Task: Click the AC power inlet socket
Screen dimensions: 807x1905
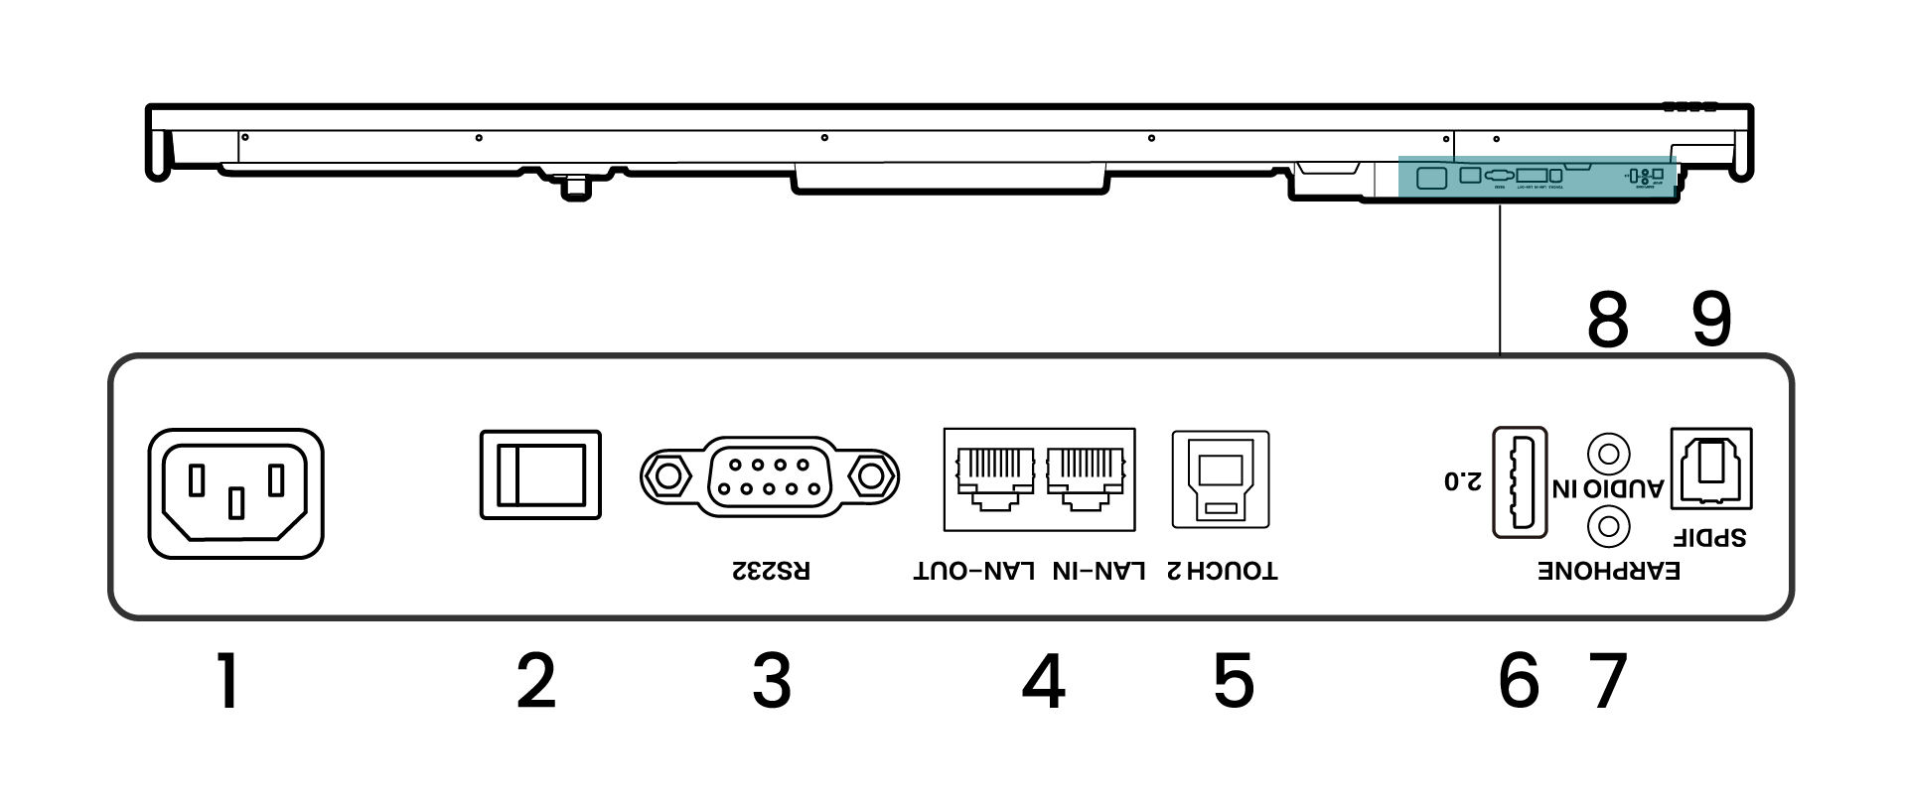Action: pyautogui.click(x=236, y=493)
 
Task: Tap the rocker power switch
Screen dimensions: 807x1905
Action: pyautogui.click(x=540, y=474)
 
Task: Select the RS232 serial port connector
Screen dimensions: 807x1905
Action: pyautogui.click(x=770, y=476)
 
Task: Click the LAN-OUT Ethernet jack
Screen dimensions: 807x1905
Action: pyautogui.click(x=990, y=476)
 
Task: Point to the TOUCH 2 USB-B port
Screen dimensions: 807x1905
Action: pyautogui.click(x=1221, y=479)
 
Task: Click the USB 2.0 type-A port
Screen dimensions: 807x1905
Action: pyautogui.click(x=1520, y=481)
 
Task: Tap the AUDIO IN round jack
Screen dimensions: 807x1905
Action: pyautogui.click(x=1609, y=454)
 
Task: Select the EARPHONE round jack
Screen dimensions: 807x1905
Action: pyautogui.click(x=1609, y=524)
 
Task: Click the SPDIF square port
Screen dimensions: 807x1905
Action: pyautogui.click(x=1711, y=468)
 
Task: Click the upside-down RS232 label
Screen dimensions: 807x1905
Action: pyautogui.click(x=771, y=572)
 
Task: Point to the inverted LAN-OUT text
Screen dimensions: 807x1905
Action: pyautogui.click(x=974, y=572)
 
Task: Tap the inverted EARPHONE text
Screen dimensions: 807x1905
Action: pyautogui.click(x=1609, y=572)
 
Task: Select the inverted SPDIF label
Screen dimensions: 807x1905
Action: pyautogui.click(x=1709, y=537)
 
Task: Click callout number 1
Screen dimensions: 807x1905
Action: pyautogui.click(x=228, y=681)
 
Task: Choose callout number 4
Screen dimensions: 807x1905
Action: pyautogui.click(x=1043, y=681)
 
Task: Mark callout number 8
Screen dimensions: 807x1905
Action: pyautogui.click(x=1607, y=320)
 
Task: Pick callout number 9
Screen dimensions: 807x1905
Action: pyautogui.click(x=1710, y=320)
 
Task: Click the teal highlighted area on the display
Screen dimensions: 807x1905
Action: pyautogui.click(x=1538, y=177)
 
